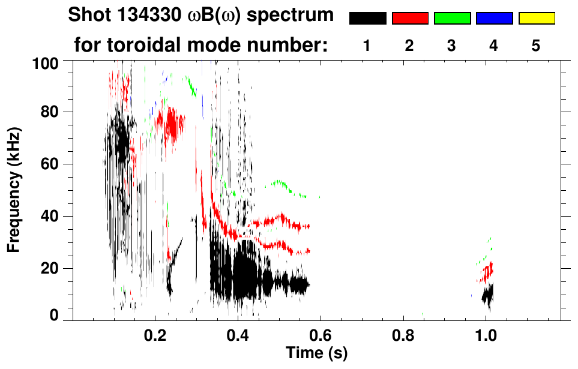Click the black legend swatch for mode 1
point(367,18)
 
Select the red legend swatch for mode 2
point(410,18)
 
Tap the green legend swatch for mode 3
point(452,18)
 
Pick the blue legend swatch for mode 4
point(494,18)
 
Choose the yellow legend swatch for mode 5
point(536,18)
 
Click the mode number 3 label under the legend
point(452,46)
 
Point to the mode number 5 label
point(536,46)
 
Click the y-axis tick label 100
point(45,62)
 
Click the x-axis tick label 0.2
point(155,334)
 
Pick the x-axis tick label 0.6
point(321,334)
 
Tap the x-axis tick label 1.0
point(486,334)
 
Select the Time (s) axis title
point(316,353)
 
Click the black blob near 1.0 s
point(488,295)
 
